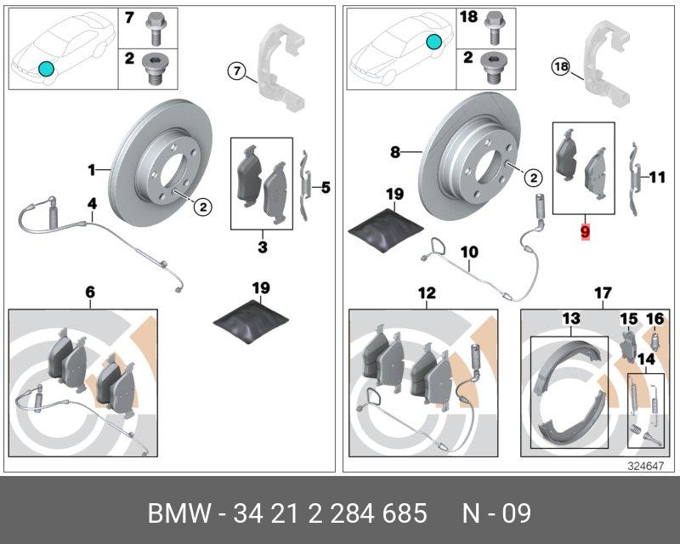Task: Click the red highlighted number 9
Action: [584, 230]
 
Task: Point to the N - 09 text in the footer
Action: [496, 513]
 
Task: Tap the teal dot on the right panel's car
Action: [435, 41]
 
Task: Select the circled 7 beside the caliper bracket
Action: [236, 70]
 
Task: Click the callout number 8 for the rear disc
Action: [395, 153]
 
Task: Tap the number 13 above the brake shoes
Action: [570, 318]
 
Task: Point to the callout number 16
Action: [654, 319]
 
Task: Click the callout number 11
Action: [656, 178]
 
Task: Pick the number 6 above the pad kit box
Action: [90, 293]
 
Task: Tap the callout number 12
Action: [427, 293]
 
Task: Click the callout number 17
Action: [603, 293]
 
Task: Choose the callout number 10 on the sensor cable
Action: [470, 252]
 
